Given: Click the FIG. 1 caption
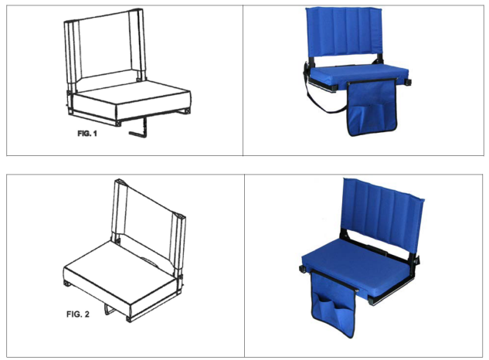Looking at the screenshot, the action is tap(87, 134).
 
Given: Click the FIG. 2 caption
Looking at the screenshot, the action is tap(78, 314).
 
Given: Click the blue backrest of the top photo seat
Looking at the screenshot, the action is tap(344, 32).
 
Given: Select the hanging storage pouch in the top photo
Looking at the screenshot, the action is tap(372, 107).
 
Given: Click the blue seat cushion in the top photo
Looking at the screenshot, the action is tap(358, 74).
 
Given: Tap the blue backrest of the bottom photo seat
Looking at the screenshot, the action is tap(383, 216).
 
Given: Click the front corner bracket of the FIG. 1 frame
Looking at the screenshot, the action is tap(118, 123).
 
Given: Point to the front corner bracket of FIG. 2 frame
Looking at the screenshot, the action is tap(128, 319).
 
